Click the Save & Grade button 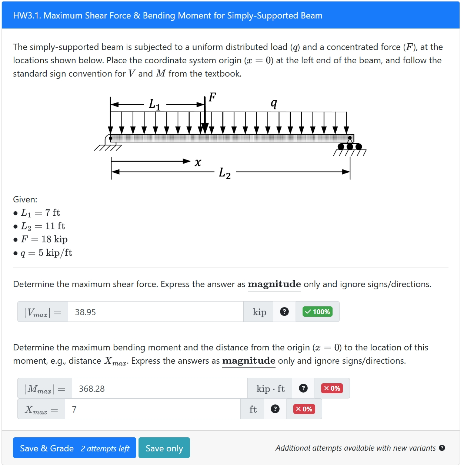pyautogui.click(x=74, y=448)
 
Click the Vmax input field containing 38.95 pyautogui.click(x=156, y=312)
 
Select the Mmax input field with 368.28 pyautogui.click(x=159, y=388)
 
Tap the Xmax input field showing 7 pyautogui.click(x=152, y=409)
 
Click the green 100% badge pyautogui.click(x=317, y=312)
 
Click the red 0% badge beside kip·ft pyautogui.click(x=332, y=388)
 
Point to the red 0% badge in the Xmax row pyautogui.click(x=304, y=409)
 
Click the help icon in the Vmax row pyautogui.click(x=284, y=312)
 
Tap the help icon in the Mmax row pyautogui.click(x=303, y=388)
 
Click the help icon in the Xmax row pyautogui.click(x=275, y=409)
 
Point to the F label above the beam pyautogui.click(x=212, y=97)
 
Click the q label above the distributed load pyautogui.click(x=274, y=103)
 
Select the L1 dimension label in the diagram pyautogui.click(x=154, y=104)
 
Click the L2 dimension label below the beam pyautogui.click(x=225, y=173)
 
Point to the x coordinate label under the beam pyautogui.click(x=198, y=162)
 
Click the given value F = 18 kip pyautogui.click(x=44, y=239)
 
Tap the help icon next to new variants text pyautogui.click(x=442, y=448)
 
